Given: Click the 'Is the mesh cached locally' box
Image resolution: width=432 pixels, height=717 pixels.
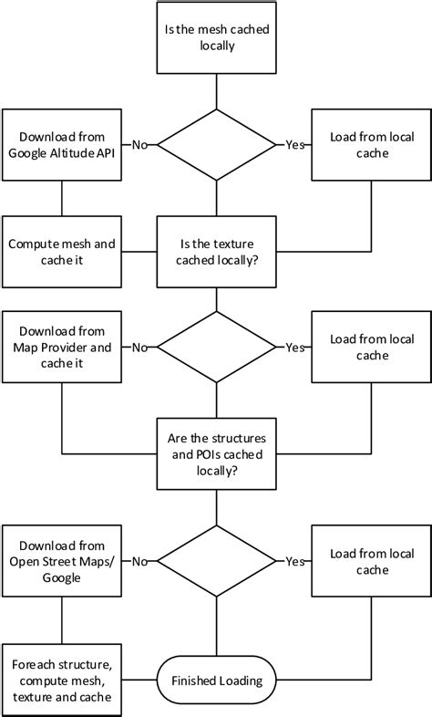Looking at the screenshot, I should click(216, 37).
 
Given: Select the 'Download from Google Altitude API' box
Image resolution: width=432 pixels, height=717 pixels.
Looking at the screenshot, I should click(62, 144).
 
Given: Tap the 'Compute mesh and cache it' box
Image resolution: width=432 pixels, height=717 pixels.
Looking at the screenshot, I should click(62, 252).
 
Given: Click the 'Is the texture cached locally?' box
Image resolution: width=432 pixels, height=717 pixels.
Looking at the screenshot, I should click(216, 252).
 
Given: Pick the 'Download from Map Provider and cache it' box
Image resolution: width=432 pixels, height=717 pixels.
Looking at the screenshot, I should click(62, 348).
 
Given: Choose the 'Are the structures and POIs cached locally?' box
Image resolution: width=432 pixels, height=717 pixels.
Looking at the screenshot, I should click(216, 454).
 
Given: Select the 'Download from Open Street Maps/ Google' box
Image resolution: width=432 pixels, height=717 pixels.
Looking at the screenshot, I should click(62, 561).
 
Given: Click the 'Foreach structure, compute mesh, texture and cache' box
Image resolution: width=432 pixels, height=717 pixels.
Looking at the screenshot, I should click(62, 680).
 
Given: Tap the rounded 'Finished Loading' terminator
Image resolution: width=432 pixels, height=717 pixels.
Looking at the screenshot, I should click(216, 680).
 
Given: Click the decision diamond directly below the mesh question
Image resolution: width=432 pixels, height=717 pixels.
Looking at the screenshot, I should click(216, 144).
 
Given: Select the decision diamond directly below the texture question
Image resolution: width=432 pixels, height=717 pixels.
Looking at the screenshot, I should click(216, 348).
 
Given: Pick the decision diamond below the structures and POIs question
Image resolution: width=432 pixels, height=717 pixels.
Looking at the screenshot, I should click(216, 561).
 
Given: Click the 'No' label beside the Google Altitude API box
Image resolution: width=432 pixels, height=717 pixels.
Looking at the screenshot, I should click(140, 144).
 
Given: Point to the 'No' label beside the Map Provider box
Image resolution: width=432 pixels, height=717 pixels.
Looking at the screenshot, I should click(140, 348).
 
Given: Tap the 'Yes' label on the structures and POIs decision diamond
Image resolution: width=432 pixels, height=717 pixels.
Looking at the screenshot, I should click(294, 561).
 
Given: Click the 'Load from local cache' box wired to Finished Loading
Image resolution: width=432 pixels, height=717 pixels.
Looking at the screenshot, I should click(371, 561).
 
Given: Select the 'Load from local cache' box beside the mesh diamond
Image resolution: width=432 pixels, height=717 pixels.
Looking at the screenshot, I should click(371, 144).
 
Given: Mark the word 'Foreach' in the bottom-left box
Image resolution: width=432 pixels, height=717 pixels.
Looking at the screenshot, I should click(33, 663).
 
